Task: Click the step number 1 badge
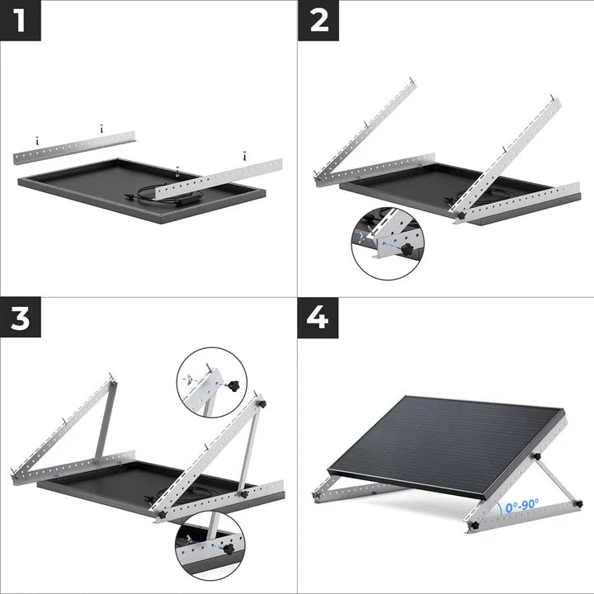coord(20,20)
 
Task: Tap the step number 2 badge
coord(318,20)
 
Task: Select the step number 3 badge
coord(20,318)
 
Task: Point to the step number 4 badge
coord(318,318)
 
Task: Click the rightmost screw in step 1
coord(245,154)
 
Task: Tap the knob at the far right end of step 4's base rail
coord(577,502)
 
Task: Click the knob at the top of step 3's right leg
coord(261,403)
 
